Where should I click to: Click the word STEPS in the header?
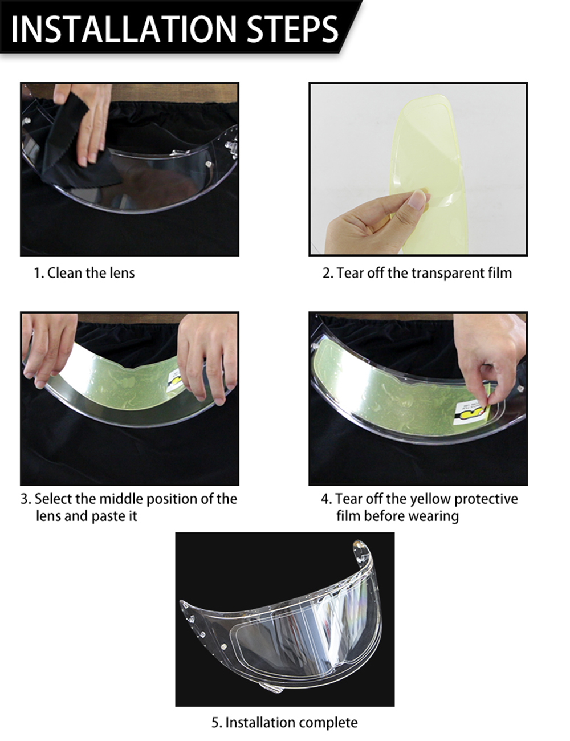[x=290, y=28]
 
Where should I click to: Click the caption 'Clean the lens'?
[x=91, y=273]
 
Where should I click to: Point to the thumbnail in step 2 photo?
[x=419, y=199]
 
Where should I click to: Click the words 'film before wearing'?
[x=397, y=516]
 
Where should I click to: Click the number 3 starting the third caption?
[x=25, y=499]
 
